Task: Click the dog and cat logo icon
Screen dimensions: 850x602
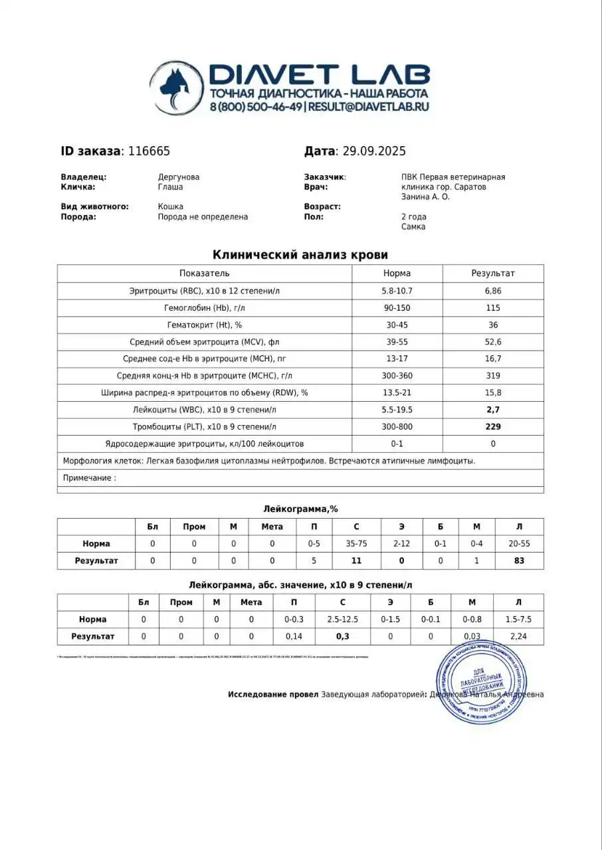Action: (x=177, y=88)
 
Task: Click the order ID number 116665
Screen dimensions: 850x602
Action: (x=148, y=151)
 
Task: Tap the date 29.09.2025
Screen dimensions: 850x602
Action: (x=373, y=151)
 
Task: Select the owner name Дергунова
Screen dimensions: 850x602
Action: (x=178, y=177)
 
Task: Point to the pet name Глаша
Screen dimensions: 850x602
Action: (x=170, y=187)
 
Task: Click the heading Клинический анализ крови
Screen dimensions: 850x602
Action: (x=300, y=255)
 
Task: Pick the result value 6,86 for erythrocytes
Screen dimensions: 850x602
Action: (x=493, y=291)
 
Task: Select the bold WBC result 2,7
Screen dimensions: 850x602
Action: (x=493, y=410)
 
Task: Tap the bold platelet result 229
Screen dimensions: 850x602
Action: (x=493, y=426)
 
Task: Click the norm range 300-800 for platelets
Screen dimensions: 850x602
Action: (x=397, y=426)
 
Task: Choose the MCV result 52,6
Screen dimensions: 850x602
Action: (x=493, y=342)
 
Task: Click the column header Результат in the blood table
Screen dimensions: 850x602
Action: (x=493, y=273)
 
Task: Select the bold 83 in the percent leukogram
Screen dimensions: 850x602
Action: (x=519, y=560)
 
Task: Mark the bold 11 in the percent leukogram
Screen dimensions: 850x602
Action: (x=356, y=560)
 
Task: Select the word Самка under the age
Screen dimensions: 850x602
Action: (x=413, y=227)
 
